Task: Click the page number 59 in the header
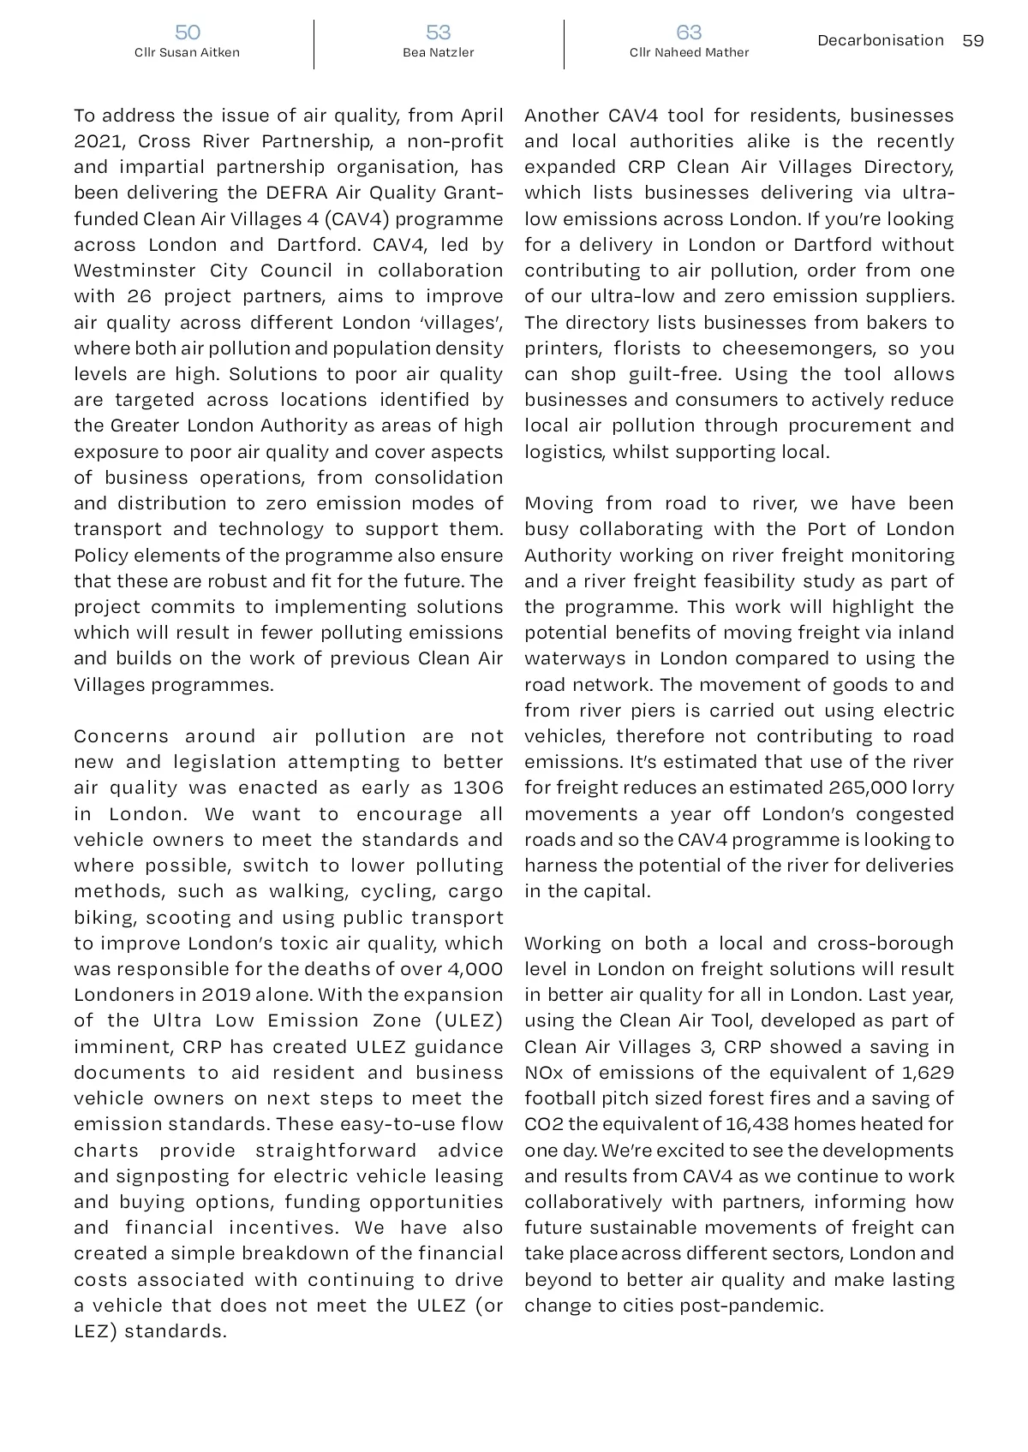973,40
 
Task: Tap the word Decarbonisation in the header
881,40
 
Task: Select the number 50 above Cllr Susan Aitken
188,33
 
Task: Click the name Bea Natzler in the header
439,53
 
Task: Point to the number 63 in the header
689,33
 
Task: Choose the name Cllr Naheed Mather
689,53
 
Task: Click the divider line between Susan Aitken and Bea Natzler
314,45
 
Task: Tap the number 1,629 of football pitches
928,1073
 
